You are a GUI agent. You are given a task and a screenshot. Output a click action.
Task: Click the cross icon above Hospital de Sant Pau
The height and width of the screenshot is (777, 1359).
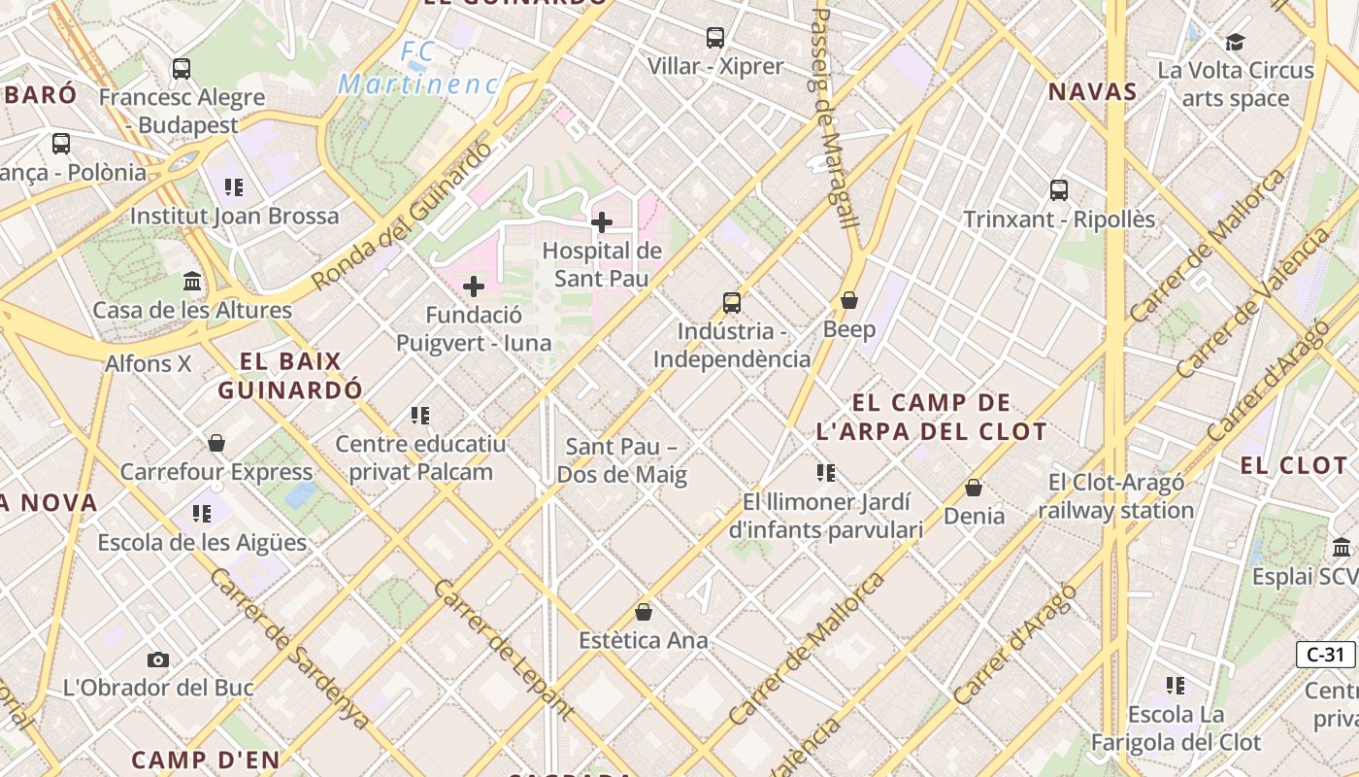coord(602,222)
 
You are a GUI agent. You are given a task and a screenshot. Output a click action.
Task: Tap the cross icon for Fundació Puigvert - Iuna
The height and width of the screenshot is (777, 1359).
coord(474,287)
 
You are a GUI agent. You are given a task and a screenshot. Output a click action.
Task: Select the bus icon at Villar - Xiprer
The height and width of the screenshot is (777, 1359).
coord(715,38)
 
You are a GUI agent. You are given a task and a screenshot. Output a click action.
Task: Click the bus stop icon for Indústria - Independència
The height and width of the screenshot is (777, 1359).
coord(732,302)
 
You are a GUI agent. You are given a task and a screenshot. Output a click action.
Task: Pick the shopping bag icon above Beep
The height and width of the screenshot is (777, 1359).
coord(849,301)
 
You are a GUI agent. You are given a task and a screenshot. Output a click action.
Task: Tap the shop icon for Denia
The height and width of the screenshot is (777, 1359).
coord(974,488)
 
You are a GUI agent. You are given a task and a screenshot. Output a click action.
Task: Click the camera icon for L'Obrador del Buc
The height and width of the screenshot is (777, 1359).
coord(158,659)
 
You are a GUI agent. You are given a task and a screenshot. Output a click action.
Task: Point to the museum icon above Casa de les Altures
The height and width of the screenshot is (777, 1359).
coord(192,282)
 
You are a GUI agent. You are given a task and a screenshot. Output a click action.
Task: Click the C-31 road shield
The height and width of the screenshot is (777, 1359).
coord(1325,655)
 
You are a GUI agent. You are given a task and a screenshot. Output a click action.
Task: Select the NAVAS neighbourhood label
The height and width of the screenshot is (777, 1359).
coord(1092,92)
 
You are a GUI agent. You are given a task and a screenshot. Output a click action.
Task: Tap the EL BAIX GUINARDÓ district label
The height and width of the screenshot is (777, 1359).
coord(290,376)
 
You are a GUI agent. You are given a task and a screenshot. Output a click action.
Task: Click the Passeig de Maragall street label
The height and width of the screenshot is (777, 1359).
coord(834,118)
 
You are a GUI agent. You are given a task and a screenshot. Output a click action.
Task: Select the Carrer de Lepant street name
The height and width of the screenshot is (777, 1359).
coord(503,649)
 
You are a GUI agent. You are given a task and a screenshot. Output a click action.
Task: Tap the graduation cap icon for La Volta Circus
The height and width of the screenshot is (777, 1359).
coord(1235,42)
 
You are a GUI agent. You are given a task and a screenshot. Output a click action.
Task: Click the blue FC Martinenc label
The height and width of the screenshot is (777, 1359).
coord(418,68)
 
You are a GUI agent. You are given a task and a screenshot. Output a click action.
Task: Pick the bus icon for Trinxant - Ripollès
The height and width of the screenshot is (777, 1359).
coord(1059,190)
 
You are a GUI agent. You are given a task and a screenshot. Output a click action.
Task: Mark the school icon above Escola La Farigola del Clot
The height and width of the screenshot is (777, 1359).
coord(1176,686)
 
